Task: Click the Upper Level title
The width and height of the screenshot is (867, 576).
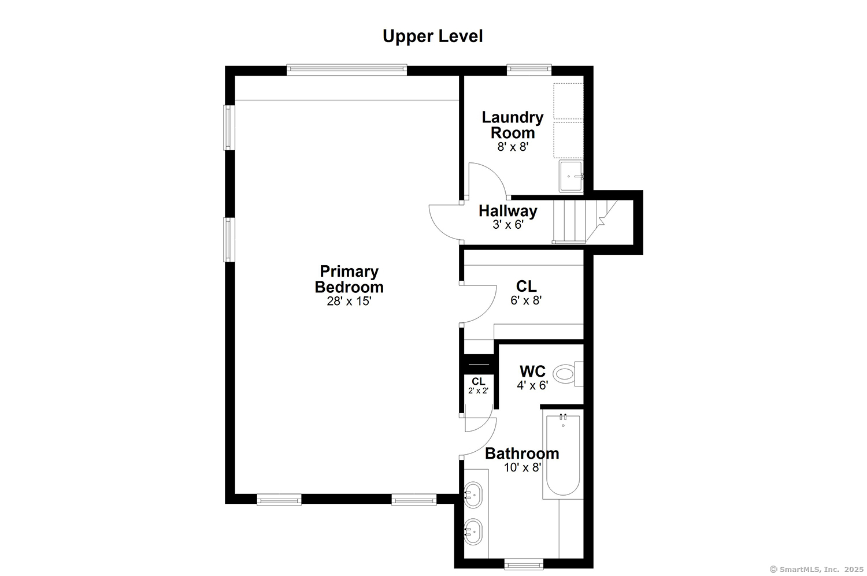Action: [x=433, y=36]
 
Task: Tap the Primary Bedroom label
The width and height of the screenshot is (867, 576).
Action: [x=349, y=279]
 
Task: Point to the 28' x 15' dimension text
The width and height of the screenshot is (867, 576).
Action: [x=349, y=301]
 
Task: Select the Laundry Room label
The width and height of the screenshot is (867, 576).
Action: [x=513, y=125]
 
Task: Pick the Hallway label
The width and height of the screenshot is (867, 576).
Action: [x=508, y=211]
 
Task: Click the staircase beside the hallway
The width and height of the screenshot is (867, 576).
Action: [x=584, y=222]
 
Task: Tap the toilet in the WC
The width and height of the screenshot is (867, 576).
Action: [x=568, y=374]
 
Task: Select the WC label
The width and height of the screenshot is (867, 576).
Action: [x=532, y=371]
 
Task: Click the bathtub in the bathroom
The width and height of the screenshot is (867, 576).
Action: [x=563, y=456]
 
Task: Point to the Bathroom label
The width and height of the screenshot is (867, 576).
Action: [x=522, y=454]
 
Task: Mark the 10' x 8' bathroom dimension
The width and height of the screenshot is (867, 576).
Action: [x=523, y=468]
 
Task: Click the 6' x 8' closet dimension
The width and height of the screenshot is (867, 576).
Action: [x=526, y=300]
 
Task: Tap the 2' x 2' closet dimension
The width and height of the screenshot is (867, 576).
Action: [x=479, y=391]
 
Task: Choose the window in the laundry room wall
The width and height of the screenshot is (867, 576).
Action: [x=529, y=70]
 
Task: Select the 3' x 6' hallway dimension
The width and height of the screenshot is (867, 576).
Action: [x=508, y=225]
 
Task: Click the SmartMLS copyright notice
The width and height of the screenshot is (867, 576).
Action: [x=817, y=570]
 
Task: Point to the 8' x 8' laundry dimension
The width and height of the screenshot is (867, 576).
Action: [x=513, y=147]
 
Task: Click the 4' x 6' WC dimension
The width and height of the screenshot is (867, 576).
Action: [x=532, y=385]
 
